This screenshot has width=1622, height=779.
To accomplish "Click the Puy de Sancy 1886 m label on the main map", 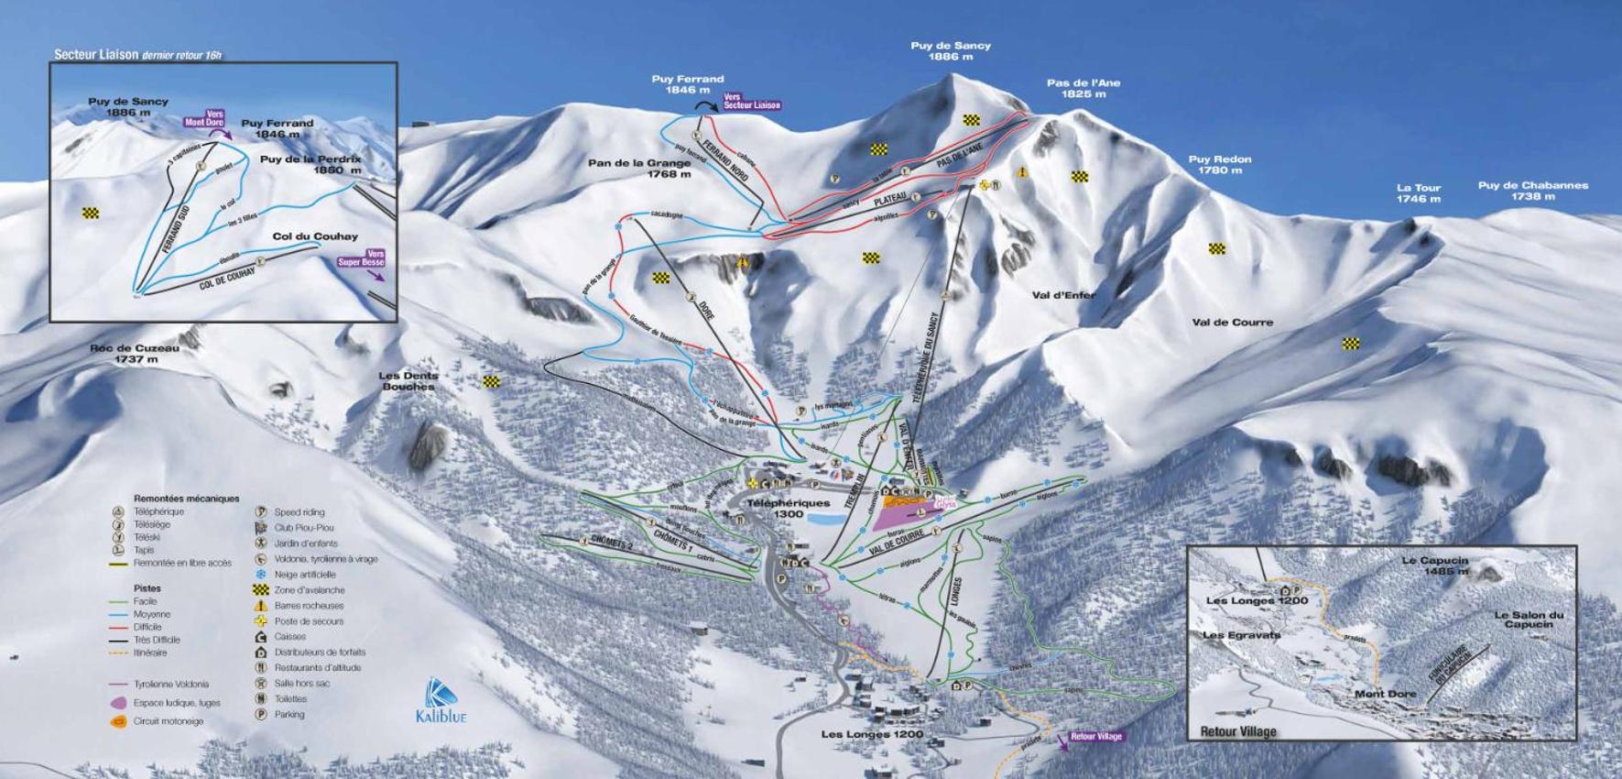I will click(950, 50).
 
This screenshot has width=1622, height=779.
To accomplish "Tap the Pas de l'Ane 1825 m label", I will click(1083, 88).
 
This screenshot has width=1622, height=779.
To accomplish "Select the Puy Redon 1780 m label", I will click(1219, 164).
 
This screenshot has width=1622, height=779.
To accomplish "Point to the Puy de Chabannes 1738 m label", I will click(1532, 190).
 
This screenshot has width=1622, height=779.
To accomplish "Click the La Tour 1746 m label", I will click(1418, 192).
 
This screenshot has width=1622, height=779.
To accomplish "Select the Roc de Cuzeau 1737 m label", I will click(135, 353).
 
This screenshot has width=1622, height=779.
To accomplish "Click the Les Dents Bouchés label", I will click(408, 380).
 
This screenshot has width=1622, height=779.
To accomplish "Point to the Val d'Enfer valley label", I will click(1063, 295).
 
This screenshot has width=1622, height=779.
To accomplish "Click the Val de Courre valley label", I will click(1232, 322).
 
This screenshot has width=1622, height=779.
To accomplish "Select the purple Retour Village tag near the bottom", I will click(1095, 736).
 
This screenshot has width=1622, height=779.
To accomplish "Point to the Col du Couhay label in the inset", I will click(315, 236).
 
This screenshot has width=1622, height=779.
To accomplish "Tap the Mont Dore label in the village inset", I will click(1385, 694).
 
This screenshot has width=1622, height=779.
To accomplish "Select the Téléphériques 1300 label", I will click(788, 508).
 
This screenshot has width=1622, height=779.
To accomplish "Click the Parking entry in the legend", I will click(289, 714).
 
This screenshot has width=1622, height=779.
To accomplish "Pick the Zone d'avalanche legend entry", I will click(309, 590).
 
